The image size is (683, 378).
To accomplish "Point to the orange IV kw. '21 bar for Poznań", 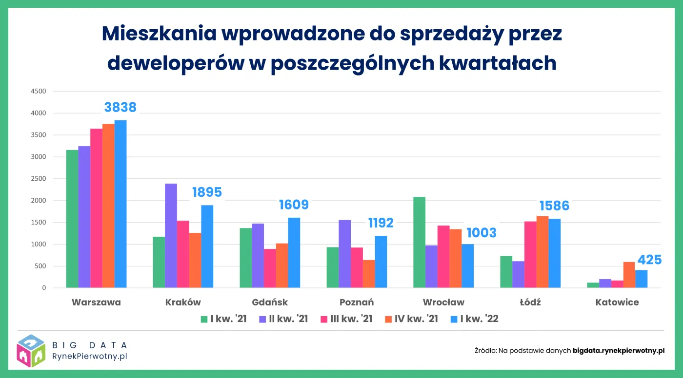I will pyautogui.click(x=369, y=274).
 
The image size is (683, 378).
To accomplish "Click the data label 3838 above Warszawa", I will pyautogui.click(x=121, y=107).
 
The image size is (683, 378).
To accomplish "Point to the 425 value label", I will pyautogui.click(x=649, y=260).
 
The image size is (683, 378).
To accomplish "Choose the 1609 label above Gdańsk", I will pyautogui.click(x=294, y=205).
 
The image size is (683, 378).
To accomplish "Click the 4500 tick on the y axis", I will pyautogui.click(x=38, y=91).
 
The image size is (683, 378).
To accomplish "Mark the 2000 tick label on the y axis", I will pyautogui.click(x=38, y=201).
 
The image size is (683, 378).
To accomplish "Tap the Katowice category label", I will pyautogui.click(x=617, y=302).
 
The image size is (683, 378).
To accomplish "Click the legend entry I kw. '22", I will pyautogui.click(x=474, y=319).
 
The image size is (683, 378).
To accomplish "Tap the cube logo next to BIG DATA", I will pyautogui.click(x=31, y=351).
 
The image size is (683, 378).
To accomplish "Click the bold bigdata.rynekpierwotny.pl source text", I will pyautogui.click(x=619, y=350).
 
